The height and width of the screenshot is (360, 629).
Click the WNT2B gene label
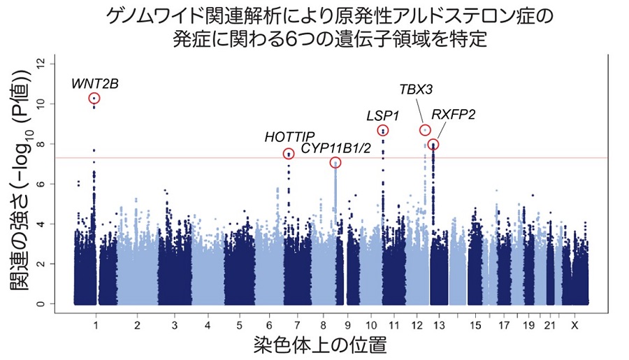click(x=95, y=84)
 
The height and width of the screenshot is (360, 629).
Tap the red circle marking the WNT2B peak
click(x=94, y=99)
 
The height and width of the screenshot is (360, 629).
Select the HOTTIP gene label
click(x=290, y=136)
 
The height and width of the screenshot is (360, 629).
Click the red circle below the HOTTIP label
click(x=289, y=154)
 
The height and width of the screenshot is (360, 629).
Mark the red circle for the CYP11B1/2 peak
click(x=335, y=163)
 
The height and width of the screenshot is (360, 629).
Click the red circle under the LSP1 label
click(x=383, y=131)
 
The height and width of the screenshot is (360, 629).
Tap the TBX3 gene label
click(x=416, y=89)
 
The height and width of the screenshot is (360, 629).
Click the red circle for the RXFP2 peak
click(x=433, y=145)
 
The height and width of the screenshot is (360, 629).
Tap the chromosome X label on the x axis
click(x=574, y=326)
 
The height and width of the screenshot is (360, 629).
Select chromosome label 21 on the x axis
click(x=550, y=326)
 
